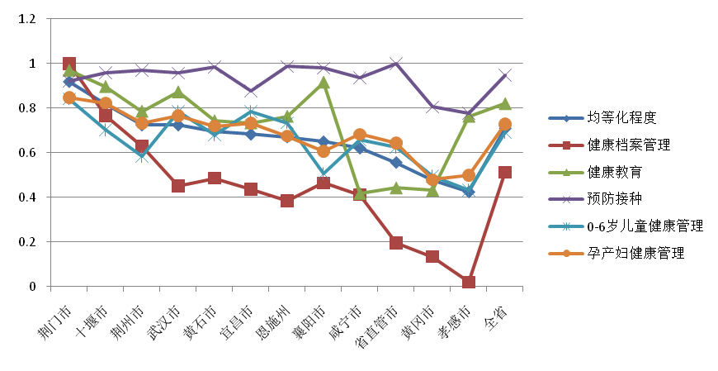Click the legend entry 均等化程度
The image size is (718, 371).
(x=621, y=117)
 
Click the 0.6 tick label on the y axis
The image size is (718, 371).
(x=31, y=153)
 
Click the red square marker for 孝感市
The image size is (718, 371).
(x=469, y=283)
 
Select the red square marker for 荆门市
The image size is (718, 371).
(x=69, y=64)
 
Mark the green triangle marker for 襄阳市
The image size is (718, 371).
(x=324, y=83)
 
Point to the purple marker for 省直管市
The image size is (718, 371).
(x=396, y=64)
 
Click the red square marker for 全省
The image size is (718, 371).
(x=505, y=173)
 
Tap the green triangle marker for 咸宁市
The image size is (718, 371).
(x=360, y=194)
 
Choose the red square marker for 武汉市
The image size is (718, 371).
(x=178, y=186)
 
